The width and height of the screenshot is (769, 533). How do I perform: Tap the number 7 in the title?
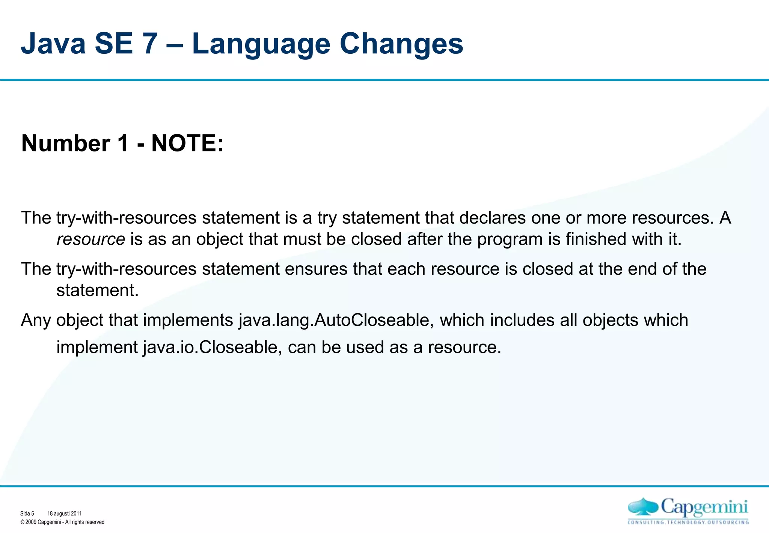(149, 44)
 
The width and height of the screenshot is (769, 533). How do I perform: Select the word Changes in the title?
(401, 44)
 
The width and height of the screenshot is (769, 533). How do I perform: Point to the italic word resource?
(91, 239)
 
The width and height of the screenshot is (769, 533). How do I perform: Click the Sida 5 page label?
(27, 513)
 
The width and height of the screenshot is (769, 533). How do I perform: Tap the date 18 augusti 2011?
(64, 513)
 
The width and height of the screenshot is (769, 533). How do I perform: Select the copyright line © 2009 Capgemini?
(62, 522)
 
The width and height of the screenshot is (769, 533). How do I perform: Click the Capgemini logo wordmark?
(704, 507)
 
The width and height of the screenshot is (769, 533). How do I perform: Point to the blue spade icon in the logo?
(643, 507)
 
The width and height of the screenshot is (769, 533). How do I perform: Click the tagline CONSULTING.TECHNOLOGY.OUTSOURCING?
(688, 522)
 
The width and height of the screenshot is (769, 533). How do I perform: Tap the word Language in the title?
(261, 44)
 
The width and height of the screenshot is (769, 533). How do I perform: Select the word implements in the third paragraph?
(188, 320)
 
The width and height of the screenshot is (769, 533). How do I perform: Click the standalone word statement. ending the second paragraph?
(98, 291)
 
